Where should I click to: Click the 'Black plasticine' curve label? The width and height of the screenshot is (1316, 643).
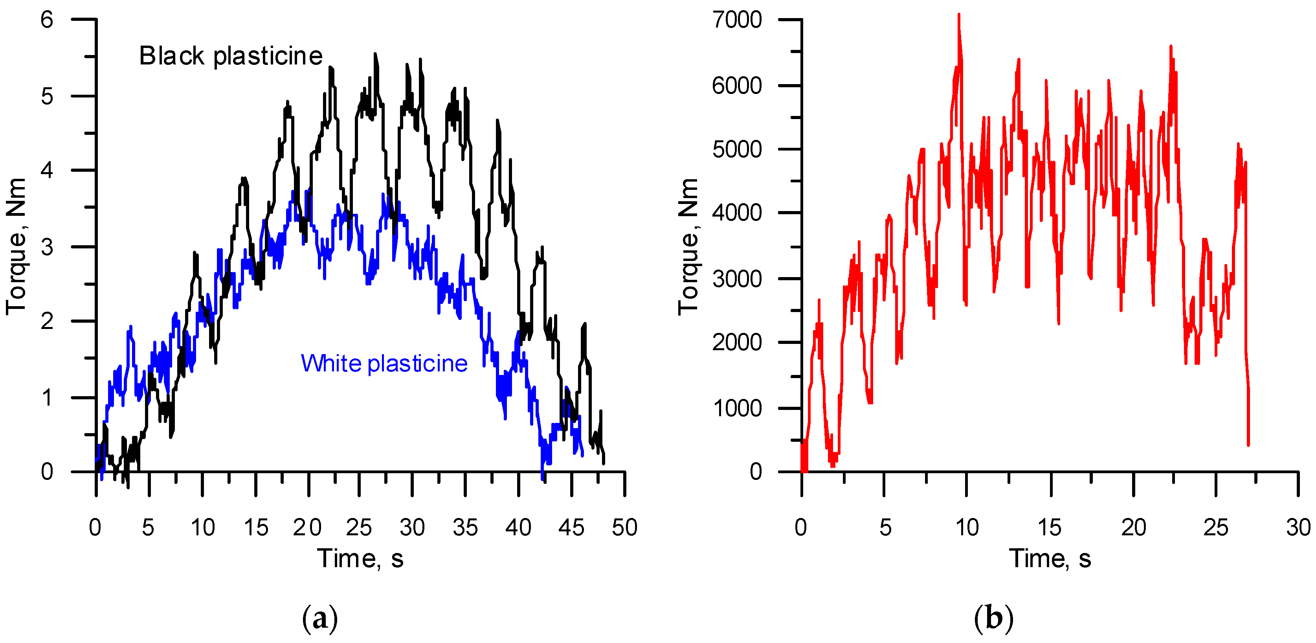tap(231, 56)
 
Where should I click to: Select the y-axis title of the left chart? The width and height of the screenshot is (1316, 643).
tap(17, 247)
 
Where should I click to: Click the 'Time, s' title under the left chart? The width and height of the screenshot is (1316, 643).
tap(361, 558)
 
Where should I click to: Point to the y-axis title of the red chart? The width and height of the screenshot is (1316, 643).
tap(688, 247)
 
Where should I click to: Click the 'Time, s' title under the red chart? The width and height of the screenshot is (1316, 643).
tap(1050, 558)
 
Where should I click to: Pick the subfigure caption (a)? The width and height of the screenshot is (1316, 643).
tap(320, 619)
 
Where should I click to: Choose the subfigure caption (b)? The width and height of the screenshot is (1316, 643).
tap(994, 619)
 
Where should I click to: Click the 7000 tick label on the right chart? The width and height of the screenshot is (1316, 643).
tap(737, 20)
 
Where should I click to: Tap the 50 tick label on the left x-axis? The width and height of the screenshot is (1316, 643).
tap(625, 527)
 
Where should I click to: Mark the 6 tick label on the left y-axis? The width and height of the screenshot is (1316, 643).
tap(47, 20)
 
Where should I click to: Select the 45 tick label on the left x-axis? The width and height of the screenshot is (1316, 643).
tap(571, 527)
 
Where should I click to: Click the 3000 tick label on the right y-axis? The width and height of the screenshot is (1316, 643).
tap(737, 279)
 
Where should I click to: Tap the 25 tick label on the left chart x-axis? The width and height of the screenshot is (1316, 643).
tap(359, 527)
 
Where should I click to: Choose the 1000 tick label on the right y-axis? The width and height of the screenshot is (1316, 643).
tap(737, 408)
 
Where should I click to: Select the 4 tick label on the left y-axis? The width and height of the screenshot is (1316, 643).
tap(47, 170)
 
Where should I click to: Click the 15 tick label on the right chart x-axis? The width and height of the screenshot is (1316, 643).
tap(1050, 527)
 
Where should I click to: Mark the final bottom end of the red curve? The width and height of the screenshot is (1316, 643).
tap(1248, 445)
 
